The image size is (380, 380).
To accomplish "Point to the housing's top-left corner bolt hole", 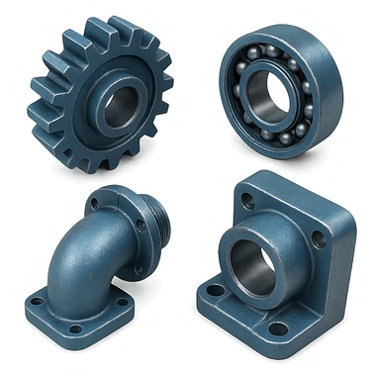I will click(247, 201).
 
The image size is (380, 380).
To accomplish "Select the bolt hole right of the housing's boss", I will click(318, 238).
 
